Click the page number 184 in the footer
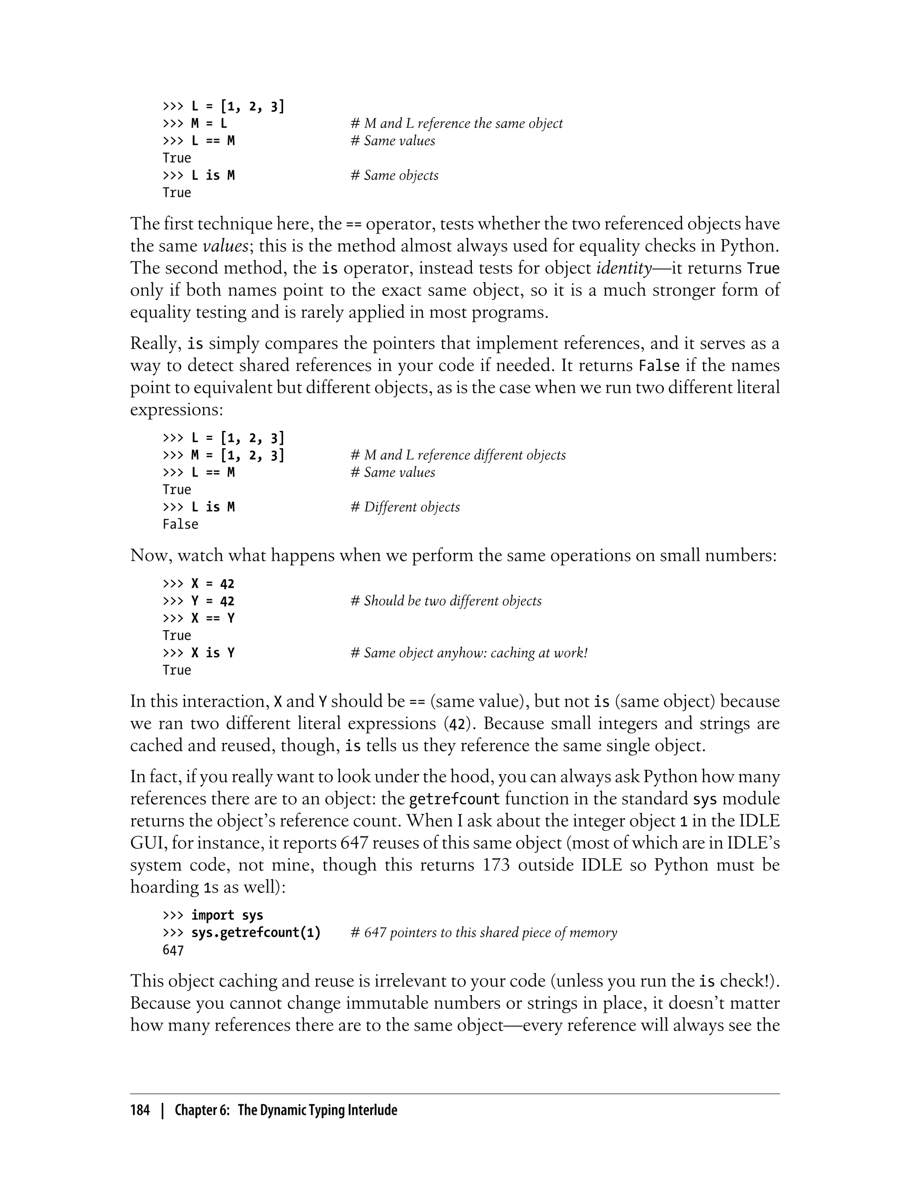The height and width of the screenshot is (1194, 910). (140, 1110)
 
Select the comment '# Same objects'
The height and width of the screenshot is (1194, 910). (394, 175)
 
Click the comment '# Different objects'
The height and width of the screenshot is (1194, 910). (405, 507)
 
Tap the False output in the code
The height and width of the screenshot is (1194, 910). (180, 524)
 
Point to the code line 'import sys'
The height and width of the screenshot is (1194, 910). (227, 915)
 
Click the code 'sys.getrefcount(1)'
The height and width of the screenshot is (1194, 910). (255, 932)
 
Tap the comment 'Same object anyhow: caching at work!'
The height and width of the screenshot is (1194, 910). (469, 653)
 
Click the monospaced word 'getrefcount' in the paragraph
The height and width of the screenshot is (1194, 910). (454, 799)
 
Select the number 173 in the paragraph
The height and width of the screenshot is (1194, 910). (495, 865)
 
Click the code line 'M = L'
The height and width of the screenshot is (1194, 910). (209, 123)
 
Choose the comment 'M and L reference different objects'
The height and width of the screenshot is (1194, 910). (458, 455)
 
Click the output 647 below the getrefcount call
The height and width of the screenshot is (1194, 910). (173, 950)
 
